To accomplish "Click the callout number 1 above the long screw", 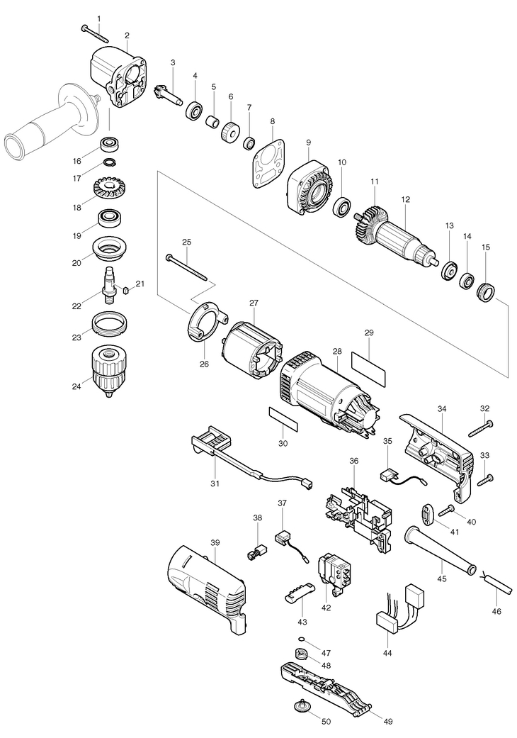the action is point(99,18).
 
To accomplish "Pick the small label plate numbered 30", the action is point(283,419).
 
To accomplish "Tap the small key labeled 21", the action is point(125,290).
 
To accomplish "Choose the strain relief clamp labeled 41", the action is point(427,514).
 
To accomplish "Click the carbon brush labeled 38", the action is point(258,551).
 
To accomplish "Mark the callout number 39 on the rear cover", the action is point(215,543).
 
